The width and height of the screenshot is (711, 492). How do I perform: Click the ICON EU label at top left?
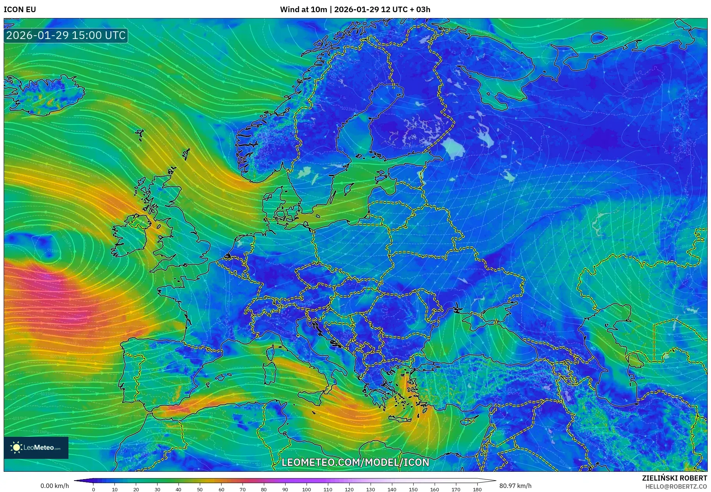(20, 10)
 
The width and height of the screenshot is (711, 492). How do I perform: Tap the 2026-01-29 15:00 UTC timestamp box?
(66, 35)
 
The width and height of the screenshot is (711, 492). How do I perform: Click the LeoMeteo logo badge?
(36, 447)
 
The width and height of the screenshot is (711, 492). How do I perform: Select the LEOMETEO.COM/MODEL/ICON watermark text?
(355, 462)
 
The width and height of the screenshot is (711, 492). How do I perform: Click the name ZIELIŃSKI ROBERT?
(674, 478)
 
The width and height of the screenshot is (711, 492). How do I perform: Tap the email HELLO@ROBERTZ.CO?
(676, 486)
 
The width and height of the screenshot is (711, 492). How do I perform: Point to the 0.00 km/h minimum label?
(54, 486)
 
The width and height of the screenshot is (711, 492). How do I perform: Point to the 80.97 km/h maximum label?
(515, 486)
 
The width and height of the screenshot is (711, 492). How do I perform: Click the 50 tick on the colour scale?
(200, 489)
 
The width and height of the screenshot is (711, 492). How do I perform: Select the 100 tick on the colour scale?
(307, 489)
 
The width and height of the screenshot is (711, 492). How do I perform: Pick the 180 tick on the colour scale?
(477, 489)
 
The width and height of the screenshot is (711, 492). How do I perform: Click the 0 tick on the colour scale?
(93, 489)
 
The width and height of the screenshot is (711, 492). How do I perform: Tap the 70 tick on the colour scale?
(243, 489)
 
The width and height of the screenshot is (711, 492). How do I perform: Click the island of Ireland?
(130, 236)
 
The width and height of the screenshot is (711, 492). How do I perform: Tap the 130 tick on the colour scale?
(371, 489)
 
